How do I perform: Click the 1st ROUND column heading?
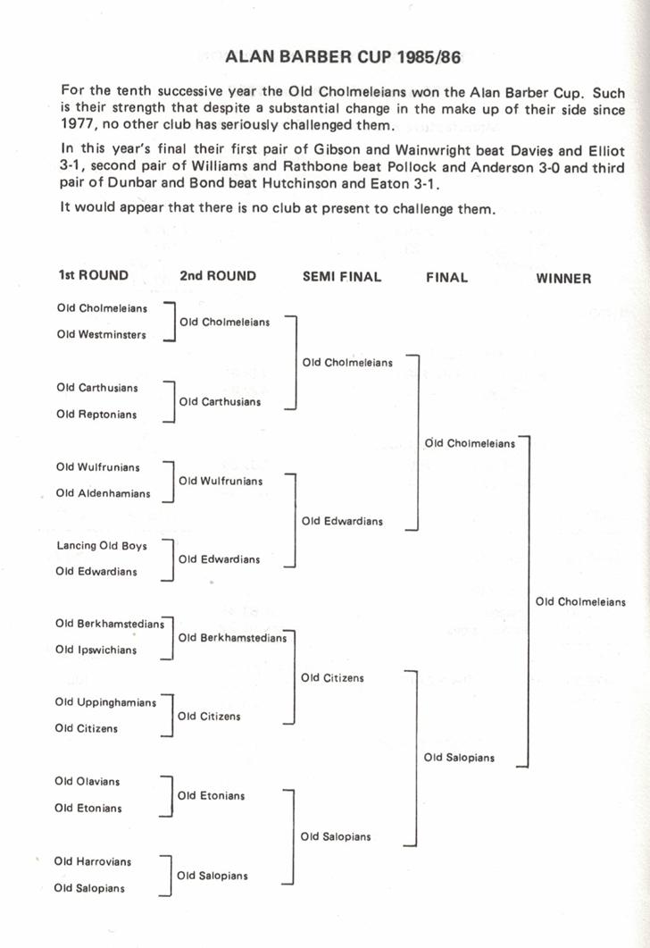pos(93,275)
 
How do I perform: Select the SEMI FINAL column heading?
pos(342,277)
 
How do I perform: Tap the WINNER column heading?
pos(563,279)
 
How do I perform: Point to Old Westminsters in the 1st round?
pos(101,335)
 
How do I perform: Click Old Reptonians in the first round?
pos(96,415)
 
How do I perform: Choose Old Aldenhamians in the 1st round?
pos(103,493)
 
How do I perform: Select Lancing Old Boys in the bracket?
pos(101,545)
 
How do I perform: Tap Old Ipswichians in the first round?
pos(96,650)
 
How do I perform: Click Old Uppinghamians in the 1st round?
pos(105,702)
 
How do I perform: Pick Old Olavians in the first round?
pos(87,781)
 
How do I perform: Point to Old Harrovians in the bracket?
pos(92,861)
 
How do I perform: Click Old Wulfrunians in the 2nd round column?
pos(221,481)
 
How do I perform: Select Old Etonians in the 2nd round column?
pos(211,795)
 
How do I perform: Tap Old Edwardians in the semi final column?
pos(342,521)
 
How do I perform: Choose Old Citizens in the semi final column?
pos(332,678)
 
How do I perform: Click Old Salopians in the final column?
pos(459,758)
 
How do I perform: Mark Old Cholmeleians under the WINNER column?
pos(580,601)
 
